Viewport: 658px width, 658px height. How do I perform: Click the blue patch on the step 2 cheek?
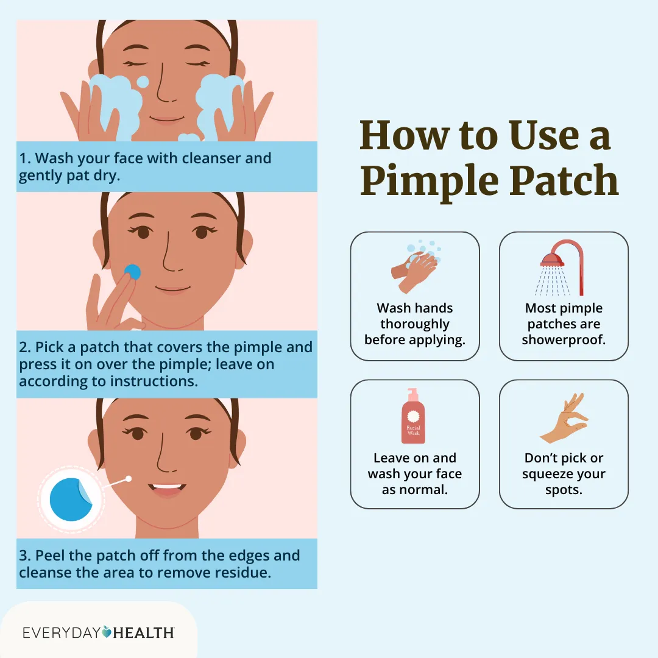(132, 272)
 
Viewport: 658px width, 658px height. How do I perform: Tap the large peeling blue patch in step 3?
(71, 498)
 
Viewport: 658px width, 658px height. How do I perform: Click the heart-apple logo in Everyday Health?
(107, 632)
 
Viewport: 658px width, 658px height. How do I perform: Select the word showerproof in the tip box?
(564, 340)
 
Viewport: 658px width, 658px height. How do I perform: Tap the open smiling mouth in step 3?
(166, 489)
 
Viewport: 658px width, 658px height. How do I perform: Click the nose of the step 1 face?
(164, 91)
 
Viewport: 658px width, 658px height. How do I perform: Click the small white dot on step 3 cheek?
(129, 479)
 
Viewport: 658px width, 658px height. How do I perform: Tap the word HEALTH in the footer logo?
(144, 632)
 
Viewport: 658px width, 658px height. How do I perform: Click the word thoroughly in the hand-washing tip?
(414, 324)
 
